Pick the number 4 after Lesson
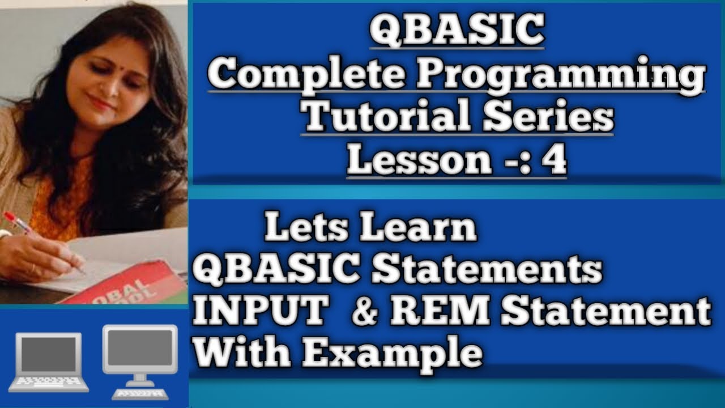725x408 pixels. (553, 161)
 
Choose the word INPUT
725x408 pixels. (260, 312)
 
